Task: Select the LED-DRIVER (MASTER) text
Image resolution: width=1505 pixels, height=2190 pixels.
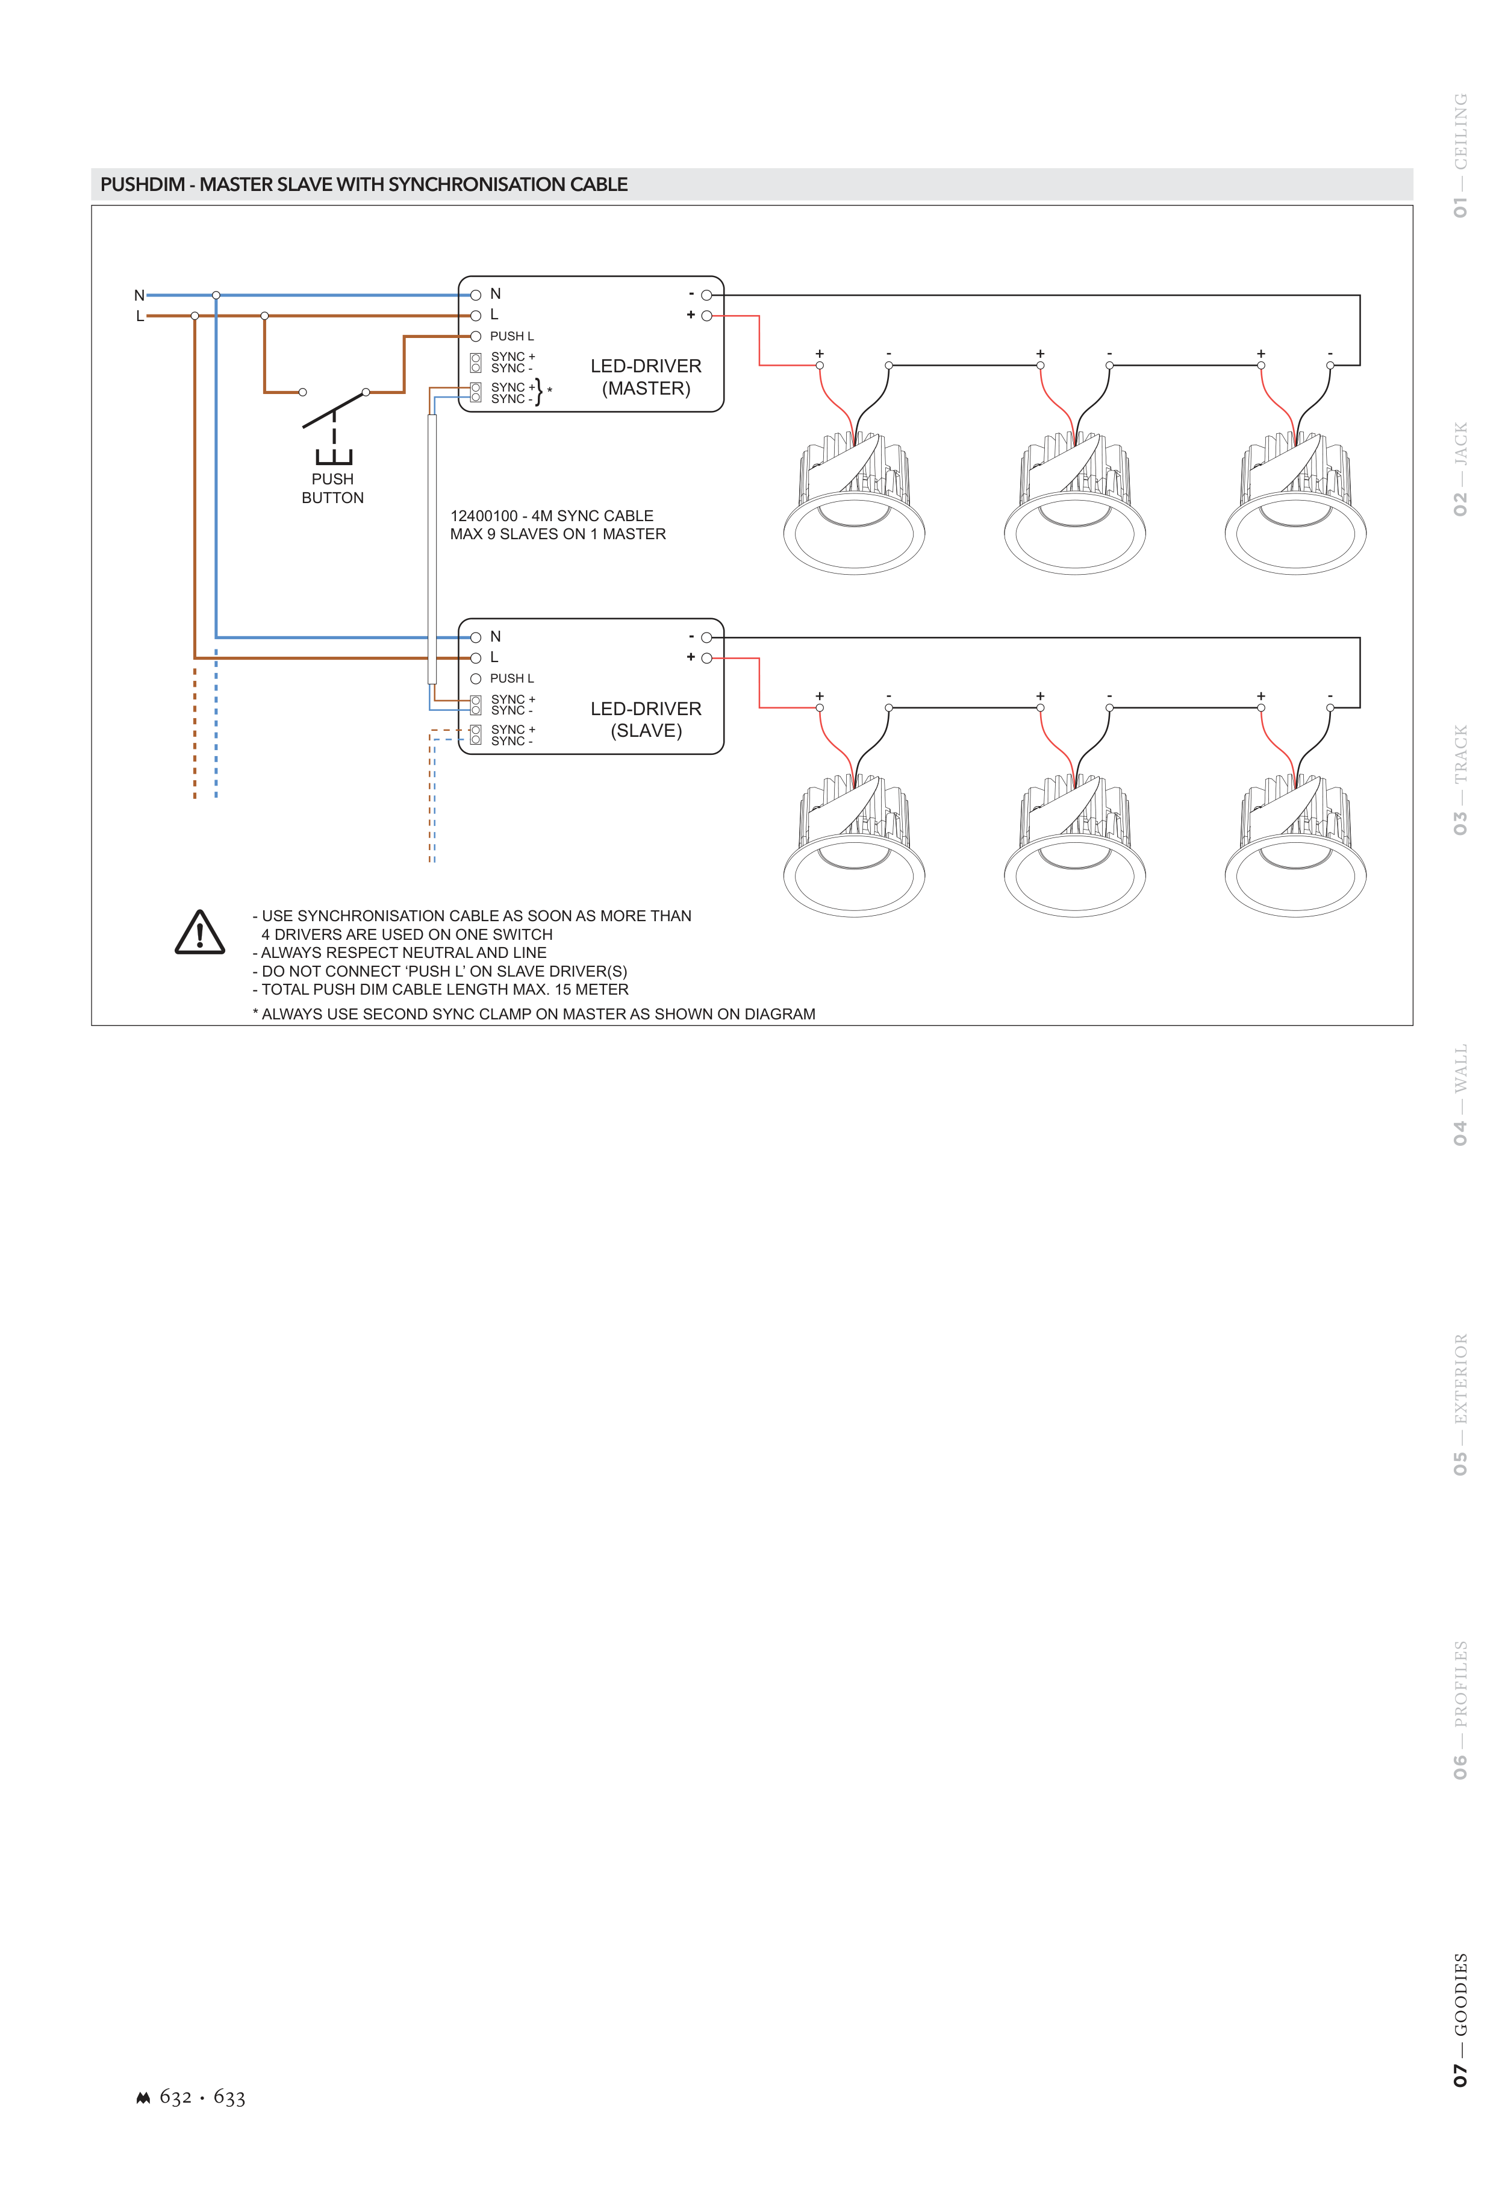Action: [646, 377]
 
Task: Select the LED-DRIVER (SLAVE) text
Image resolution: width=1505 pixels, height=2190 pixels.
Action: [646, 719]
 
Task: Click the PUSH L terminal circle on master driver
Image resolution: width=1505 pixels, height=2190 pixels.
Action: [476, 337]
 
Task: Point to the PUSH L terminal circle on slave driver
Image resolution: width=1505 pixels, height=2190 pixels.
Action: [476, 679]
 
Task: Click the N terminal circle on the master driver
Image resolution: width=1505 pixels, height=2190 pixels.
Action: [476, 295]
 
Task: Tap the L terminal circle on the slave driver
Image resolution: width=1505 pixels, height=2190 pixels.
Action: [476, 659]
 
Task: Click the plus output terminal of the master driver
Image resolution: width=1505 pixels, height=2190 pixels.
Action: [706, 316]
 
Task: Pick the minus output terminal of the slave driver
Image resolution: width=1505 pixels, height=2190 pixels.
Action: [706, 637]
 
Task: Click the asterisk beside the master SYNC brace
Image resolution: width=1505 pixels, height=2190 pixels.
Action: [550, 390]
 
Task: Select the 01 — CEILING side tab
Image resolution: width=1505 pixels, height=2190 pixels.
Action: [1460, 155]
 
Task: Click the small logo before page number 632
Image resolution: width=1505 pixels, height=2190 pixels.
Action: [143, 2098]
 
